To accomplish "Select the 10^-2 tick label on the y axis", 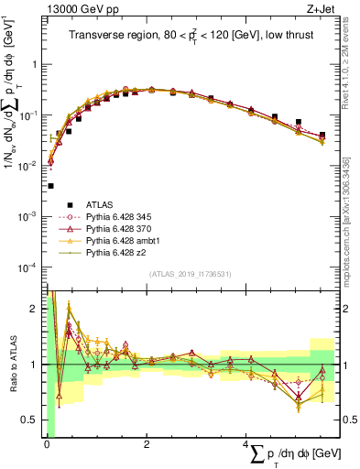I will click(29, 166).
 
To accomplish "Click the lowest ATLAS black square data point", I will click(50, 185).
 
